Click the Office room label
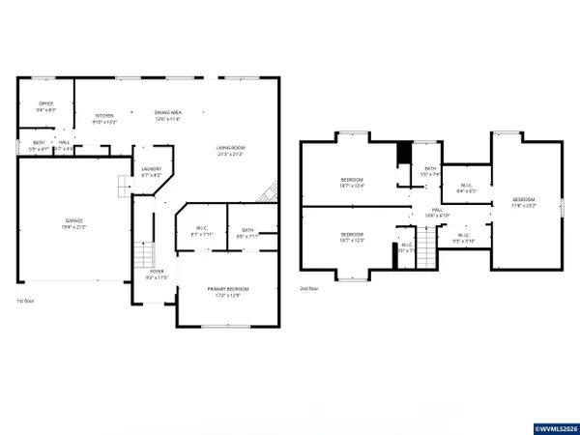tap(45, 107)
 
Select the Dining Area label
tap(168, 116)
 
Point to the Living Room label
tap(229, 151)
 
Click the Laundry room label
tap(152, 172)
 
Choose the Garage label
tap(74, 223)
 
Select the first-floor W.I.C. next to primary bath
tap(199, 233)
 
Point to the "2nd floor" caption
tap(308, 288)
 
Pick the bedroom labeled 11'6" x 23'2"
tap(523, 202)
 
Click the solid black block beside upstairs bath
tap(405, 154)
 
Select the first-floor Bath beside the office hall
tap(38, 146)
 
